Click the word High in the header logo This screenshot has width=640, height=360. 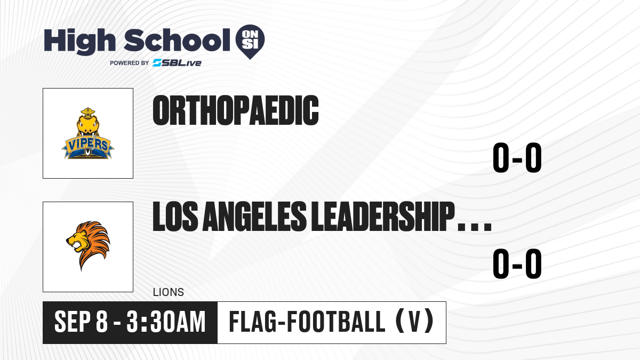click(80, 41)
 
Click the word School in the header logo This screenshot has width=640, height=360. click(177, 40)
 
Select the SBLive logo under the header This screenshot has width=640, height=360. click(177, 63)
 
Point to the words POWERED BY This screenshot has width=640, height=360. click(130, 63)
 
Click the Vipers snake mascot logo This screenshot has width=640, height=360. click(88, 133)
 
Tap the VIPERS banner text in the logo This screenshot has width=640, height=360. click(87, 145)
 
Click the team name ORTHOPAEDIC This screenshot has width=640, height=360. click(236, 110)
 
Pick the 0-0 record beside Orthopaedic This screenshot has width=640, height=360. click(517, 157)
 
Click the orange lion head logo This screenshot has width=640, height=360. click(88, 246)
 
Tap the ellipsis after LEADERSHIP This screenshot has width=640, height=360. click(475, 227)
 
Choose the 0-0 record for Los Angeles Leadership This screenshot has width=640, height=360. click(517, 263)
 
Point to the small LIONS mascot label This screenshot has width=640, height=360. click(169, 292)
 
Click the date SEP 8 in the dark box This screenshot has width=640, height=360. click(81, 322)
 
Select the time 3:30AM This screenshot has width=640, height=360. click(166, 322)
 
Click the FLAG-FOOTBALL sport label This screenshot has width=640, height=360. click(307, 322)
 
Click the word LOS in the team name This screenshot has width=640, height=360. click(175, 217)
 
